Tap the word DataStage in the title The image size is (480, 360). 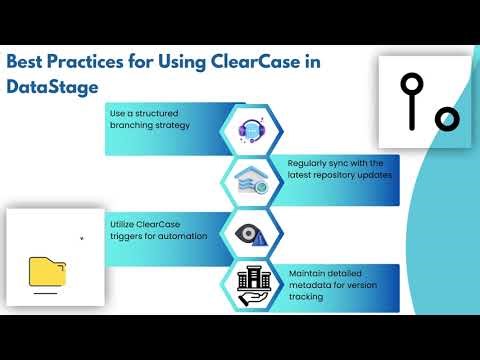click(x=53, y=87)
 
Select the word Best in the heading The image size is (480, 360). click(x=28, y=62)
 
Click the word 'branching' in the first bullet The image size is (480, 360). click(x=133, y=127)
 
